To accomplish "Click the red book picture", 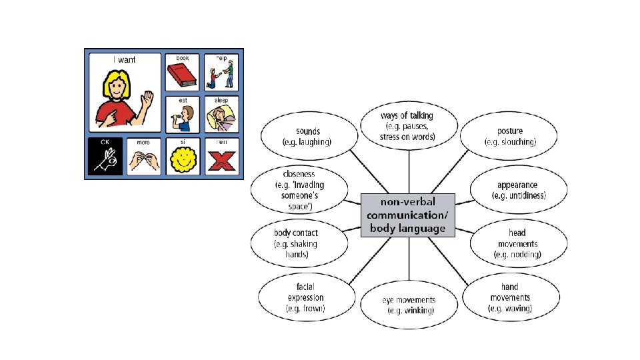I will (x=181, y=76).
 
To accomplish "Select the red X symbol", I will (x=221, y=161).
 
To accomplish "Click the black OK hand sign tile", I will (x=105, y=157).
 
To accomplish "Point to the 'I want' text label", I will (x=124, y=60).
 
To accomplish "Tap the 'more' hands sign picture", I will (x=144, y=159).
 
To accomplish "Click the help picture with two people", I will (x=221, y=73).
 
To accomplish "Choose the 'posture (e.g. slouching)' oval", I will (x=510, y=136).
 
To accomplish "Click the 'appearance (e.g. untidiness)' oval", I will (x=519, y=190).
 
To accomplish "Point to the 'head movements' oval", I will (x=517, y=243).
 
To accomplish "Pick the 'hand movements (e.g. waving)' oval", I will (x=510, y=297).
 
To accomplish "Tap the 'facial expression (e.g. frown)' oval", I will (x=305, y=297).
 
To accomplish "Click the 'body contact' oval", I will (x=299, y=243).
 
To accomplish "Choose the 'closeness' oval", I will (x=299, y=190).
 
